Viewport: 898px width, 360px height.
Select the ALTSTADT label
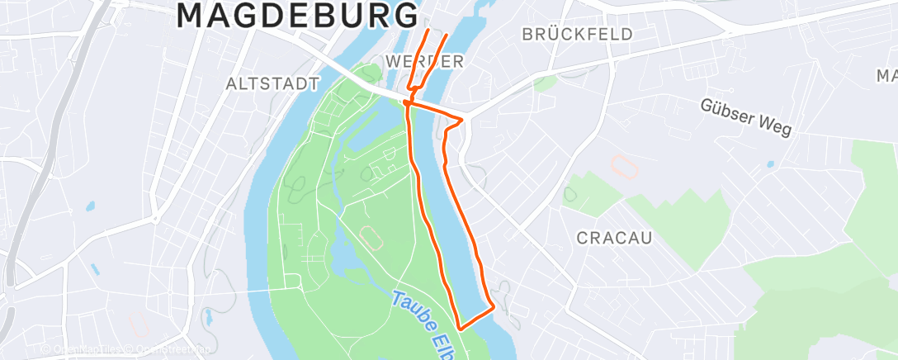click(x=272, y=83)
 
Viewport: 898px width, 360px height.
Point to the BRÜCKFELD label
click(x=578, y=34)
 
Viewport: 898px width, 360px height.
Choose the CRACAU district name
click(x=614, y=238)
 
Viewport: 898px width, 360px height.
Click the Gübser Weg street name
click(x=746, y=118)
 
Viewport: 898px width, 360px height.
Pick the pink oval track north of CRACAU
click(x=625, y=164)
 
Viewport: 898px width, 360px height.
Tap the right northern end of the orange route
click(x=448, y=36)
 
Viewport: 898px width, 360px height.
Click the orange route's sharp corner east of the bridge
click(x=463, y=119)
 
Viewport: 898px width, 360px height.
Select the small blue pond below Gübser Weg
click(x=769, y=163)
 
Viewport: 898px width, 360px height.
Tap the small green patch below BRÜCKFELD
click(x=544, y=82)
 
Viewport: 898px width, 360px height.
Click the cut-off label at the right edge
click(x=888, y=76)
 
